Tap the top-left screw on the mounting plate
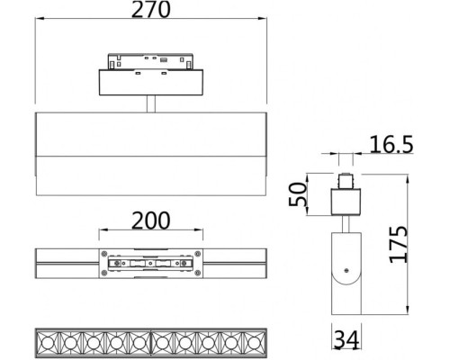pos(106,251)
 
